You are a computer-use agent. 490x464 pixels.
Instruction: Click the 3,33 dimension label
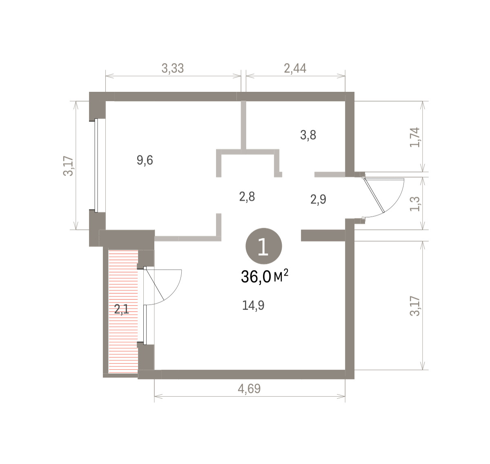173,68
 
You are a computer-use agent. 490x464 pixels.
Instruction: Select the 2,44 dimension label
295,68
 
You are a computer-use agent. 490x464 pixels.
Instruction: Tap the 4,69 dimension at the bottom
249,389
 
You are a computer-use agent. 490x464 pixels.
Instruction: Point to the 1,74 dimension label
415,137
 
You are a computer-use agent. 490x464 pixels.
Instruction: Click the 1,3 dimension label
415,204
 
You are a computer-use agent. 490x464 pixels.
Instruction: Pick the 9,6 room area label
145,160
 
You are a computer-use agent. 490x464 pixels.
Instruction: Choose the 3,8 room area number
308,135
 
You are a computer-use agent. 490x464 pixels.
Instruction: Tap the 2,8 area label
247,197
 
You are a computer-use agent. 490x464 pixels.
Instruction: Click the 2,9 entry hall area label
318,199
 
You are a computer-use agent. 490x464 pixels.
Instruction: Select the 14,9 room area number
253,305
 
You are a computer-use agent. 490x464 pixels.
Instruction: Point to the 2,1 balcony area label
122,309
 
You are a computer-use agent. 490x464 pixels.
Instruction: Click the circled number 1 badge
264,246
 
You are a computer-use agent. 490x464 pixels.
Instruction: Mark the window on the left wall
96,165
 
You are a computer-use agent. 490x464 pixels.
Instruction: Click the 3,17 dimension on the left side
68,166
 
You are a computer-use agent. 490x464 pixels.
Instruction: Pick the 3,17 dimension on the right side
415,306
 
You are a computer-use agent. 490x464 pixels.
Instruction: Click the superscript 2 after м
286,273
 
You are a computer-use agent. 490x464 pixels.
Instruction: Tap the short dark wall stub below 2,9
323,235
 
